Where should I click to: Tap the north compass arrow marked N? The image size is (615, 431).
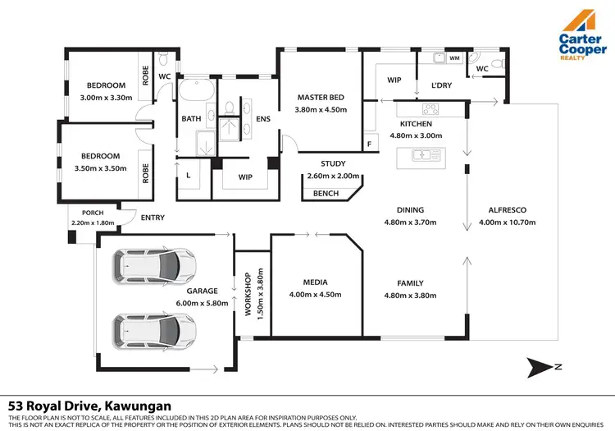pyautogui.click(x=544, y=365)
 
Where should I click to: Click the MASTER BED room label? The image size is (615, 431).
pyautogui.click(x=320, y=98)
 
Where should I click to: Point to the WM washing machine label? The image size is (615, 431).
pyautogui.click(x=454, y=58)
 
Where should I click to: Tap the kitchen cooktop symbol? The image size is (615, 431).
pyautogui.click(x=430, y=109)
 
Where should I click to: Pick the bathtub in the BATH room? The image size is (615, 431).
pyautogui.click(x=197, y=90)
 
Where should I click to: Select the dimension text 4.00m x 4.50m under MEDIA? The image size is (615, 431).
pyautogui.click(x=316, y=295)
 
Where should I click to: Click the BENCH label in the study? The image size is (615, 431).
pyautogui.click(x=326, y=195)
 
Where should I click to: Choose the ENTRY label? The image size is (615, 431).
pyautogui.click(x=153, y=218)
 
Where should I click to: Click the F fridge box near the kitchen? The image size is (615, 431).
pyautogui.click(x=370, y=144)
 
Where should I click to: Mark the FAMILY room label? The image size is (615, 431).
pyautogui.click(x=410, y=283)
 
